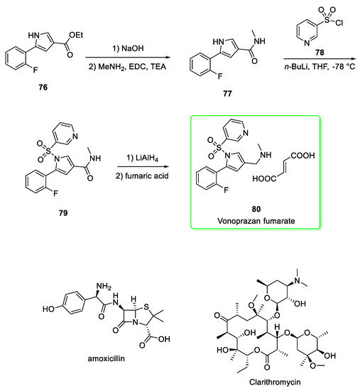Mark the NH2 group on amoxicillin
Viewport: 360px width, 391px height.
[62, 285]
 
